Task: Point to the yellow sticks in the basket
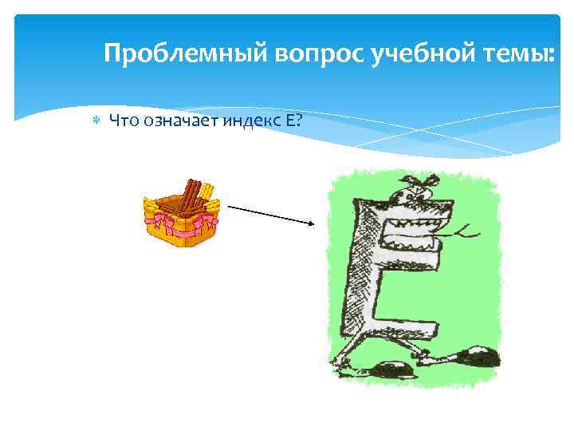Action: click(x=205, y=192)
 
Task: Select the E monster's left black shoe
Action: click(x=391, y=370)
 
